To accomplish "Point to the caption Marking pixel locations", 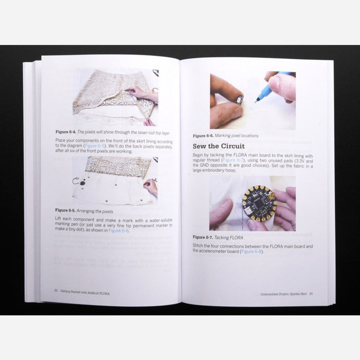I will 236,136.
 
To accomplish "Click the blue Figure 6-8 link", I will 251,251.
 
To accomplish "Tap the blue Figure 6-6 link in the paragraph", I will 118,230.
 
